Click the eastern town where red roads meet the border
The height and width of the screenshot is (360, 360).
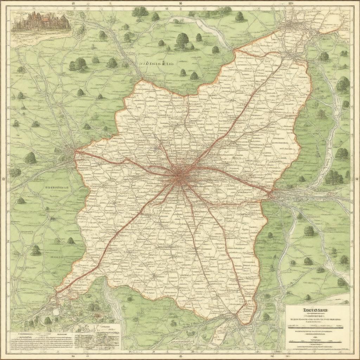271,193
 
